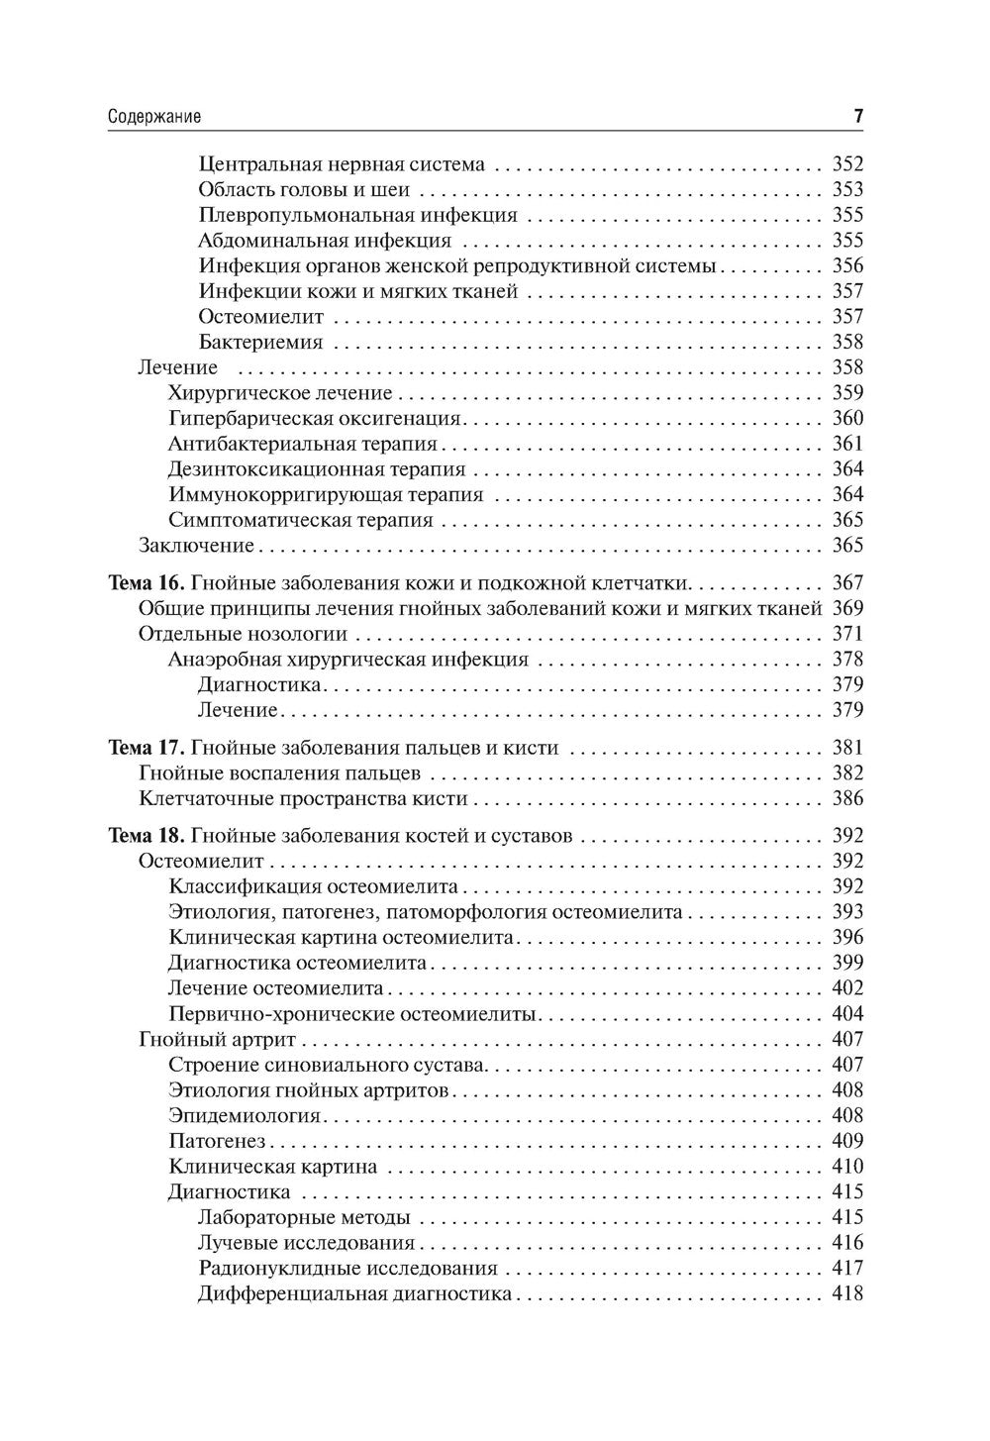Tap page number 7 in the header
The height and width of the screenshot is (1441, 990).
coord(858,117)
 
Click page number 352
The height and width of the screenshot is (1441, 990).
coord(847,164)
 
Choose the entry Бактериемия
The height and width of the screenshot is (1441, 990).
coord(260,343)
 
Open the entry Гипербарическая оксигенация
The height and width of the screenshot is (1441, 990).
coord(315,419)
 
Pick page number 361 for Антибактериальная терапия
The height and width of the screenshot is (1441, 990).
coord(847,444)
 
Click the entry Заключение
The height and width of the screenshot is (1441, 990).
coord(197,546)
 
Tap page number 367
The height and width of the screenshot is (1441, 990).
coord(847,583)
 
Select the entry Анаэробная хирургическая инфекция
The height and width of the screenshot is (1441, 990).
coord(348,660)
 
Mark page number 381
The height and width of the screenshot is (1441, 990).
coord(847,748)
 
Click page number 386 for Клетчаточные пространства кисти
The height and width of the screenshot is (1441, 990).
coord(847,799)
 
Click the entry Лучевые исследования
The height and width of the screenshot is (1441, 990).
coord(306,1243)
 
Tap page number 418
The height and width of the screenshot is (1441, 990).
coord(847,1293)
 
